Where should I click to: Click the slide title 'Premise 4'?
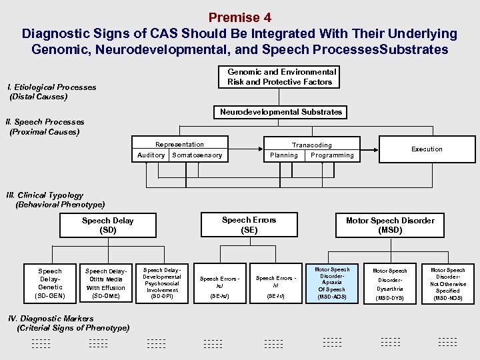[239, 17]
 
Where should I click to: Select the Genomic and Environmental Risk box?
[281, 77]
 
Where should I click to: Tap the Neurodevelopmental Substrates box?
[281, 112]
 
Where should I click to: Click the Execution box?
[427, 149]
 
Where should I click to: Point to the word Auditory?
[151, 155]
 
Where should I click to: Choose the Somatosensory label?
[197, 155]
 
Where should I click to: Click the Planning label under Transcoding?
[284, 155]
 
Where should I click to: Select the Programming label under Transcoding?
[332, 155]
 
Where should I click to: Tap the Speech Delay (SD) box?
[107, 225]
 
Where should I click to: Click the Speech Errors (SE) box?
[249, 225]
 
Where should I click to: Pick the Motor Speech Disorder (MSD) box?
[390, 225]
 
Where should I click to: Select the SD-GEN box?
[50, 283]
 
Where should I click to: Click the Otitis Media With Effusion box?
[105, 283]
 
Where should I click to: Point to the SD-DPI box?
[162, 283]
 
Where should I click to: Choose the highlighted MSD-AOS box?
[331, 283]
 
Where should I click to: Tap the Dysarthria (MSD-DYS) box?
[389, 283]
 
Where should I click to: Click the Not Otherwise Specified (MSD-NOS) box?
[447, 283]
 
